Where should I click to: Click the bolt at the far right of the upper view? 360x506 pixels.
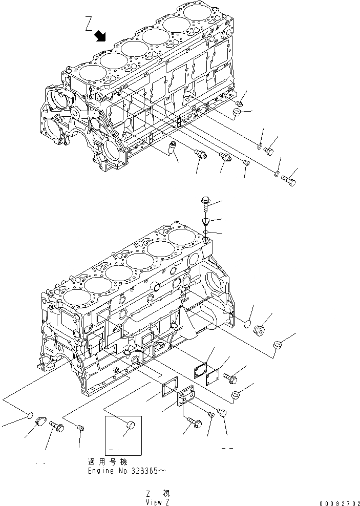coord(289,180)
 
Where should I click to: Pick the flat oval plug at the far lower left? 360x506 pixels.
coord(30,414)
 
